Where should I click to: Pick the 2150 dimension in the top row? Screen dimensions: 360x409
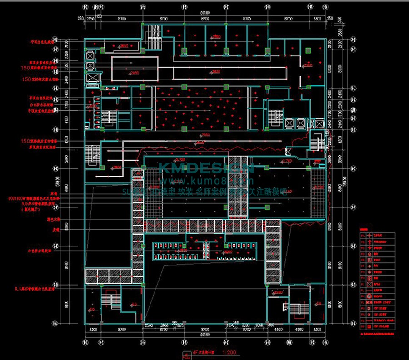click(x=90, y=19)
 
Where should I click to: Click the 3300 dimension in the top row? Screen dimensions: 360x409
click(x=317, y=19)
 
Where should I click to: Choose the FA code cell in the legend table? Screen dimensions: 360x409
click(x=362, y=236)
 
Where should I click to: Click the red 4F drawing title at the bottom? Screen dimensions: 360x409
click(x=200, y=352)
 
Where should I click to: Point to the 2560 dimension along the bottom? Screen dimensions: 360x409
click(x=149, y=325)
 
